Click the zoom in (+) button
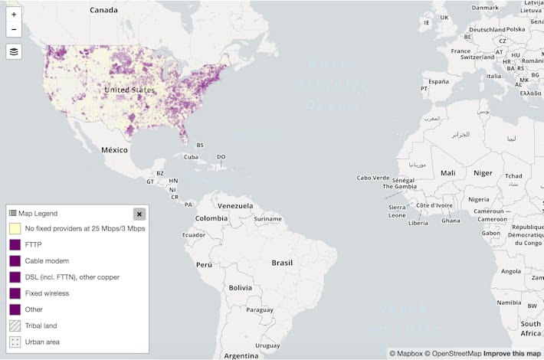(14, 15)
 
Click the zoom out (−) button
(14, 30)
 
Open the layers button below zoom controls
(14, 51)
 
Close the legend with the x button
(139, 214)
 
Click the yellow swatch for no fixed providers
(15, 228)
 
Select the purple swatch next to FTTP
(15, 244)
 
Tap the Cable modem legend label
(47, 260)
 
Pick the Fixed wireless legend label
(47, 293)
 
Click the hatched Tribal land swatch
(15, 326)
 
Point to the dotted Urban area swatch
(15, 342)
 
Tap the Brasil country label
(282, 263)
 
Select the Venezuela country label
(234, 205)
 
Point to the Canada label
(103, 10)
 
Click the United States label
(129, 90)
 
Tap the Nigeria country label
(479, 199)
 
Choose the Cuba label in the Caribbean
(190, 157)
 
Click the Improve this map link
(511, 354)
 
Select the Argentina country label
(241, 355)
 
